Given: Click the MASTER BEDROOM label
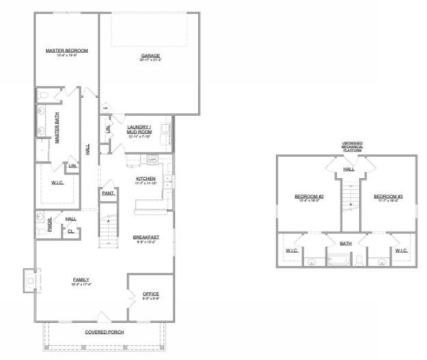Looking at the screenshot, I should tap(67, 50).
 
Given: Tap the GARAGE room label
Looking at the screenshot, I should tap(150, 56).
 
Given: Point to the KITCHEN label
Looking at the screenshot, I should tap(145, 179).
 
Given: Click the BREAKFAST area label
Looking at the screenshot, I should tap(145, 238).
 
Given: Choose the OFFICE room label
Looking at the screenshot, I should tap(151, 293).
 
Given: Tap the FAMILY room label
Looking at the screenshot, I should tap(81, 280).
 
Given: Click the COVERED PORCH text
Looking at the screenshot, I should tap(104, 331).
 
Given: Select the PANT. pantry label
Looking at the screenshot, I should tap(108, 194).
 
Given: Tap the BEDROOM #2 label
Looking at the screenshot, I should tap(309, 197).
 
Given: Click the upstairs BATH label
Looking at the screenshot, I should tap(347, 244).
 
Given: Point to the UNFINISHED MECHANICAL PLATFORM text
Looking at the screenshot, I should tap(349, 146).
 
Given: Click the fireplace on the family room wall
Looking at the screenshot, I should tap(29, 280).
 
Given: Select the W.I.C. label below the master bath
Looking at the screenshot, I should tap(58, 182).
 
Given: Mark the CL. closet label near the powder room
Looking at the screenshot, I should tap(71, 230).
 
